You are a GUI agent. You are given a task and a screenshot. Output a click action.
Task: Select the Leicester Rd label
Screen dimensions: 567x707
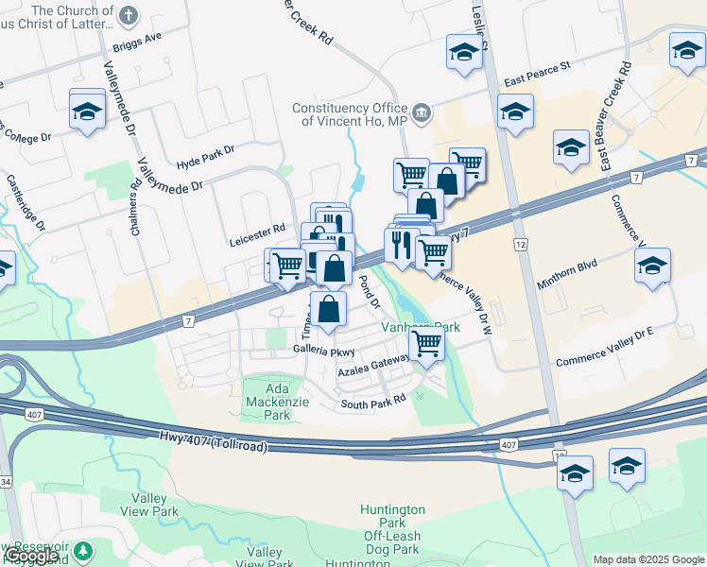tap(257, 230)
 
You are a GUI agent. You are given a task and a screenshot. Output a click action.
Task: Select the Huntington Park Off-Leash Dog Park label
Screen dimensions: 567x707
tap(392, 529)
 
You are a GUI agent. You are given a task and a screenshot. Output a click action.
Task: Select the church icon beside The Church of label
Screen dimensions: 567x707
tap(129, 14)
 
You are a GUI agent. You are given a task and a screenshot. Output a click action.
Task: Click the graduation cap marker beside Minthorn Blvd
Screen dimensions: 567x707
tap(652, 266)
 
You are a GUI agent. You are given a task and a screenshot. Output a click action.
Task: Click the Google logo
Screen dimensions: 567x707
tap(31, 557)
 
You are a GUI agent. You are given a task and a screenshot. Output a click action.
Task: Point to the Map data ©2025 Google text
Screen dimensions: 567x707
tap(647, 559)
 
